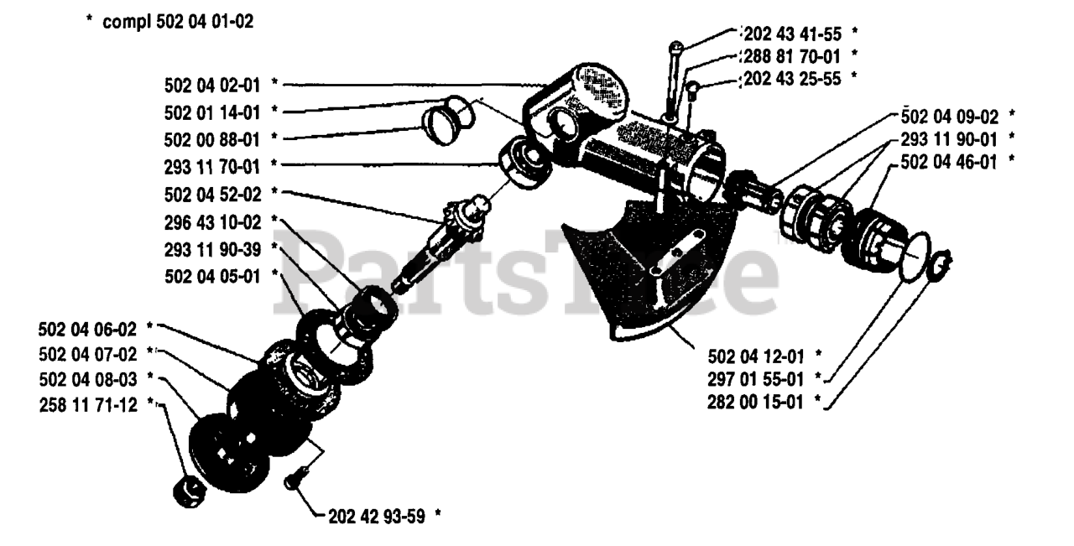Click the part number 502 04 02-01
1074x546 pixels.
pos(212,86)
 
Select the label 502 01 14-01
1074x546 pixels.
pos(212,113)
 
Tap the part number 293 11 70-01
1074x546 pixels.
pos(212,167)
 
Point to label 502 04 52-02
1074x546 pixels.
pos(212,195)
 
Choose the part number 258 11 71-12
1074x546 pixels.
pos(88,405)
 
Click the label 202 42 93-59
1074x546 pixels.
pos(377,517)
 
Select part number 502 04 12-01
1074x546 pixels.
pos(756,356)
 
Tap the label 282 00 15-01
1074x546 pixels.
pos(755,403)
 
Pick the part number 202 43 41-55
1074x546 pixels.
pos(793,34)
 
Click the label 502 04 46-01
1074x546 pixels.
pos(949,163)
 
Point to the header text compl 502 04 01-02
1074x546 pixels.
pos(178,22)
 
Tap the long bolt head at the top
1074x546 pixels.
pos(675,46)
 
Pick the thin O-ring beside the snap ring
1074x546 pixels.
pos(915,257)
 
